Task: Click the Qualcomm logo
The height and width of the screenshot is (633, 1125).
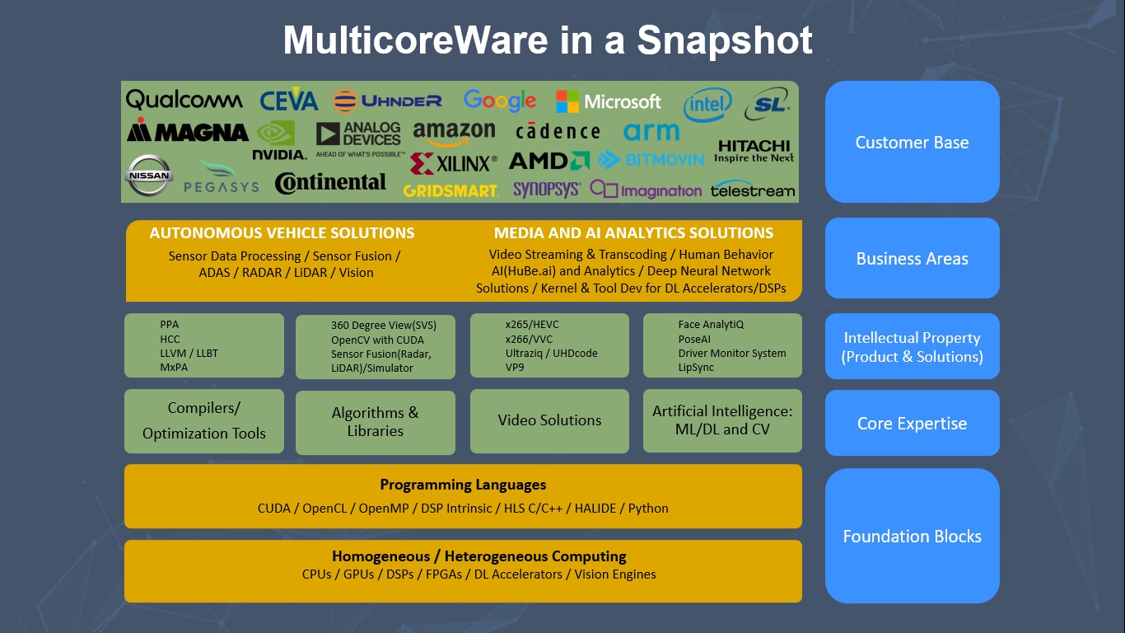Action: [184, 101]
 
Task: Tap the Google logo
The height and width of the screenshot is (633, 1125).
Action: [499, 101]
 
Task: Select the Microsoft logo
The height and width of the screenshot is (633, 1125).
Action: [609, 101]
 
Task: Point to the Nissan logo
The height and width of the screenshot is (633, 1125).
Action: [149, 176]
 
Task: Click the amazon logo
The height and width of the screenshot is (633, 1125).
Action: [454, 133]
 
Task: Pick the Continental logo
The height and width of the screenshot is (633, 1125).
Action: [330, 182]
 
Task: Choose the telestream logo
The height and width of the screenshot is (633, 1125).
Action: [753, 190]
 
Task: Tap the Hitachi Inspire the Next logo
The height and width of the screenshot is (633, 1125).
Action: [754, 152]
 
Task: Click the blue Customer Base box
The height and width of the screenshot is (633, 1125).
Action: [912, 142]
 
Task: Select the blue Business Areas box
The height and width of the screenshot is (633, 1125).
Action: [912, 258]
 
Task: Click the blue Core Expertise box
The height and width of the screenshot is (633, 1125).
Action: [912, 423]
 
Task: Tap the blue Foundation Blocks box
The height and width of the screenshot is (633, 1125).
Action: [912, 536]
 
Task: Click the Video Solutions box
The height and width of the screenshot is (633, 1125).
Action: [549, 420]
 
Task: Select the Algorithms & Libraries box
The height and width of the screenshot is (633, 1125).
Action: [375, 421]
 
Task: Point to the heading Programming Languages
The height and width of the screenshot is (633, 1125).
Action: [463, 485]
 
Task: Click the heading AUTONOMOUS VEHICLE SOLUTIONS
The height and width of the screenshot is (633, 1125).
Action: [282, 233]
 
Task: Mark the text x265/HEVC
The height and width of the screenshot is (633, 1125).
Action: [532, 325]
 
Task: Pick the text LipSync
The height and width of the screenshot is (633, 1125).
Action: [696, 367]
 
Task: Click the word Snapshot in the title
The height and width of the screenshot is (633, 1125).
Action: [725, 40]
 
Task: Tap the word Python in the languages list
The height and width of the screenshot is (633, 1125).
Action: [648, 508]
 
